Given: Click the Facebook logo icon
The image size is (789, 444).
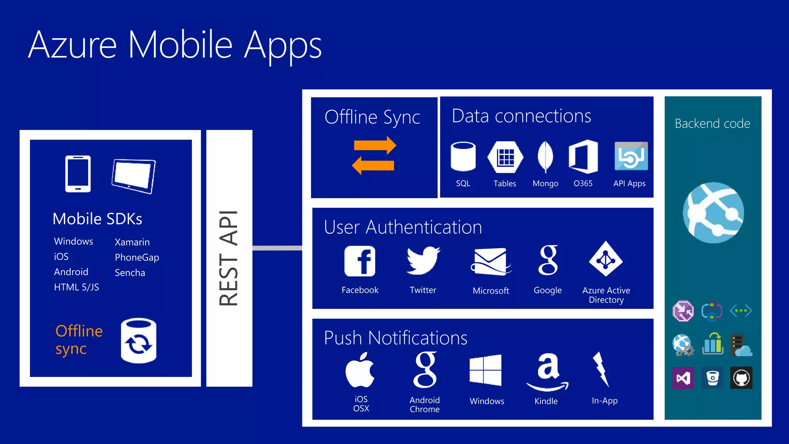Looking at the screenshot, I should pyautogui.click(x=360, y=261).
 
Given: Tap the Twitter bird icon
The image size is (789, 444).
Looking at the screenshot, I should pyautogui.click(x=423, y=261).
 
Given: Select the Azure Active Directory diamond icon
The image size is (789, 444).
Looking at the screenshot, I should pyautogui.click(x=606, y=259).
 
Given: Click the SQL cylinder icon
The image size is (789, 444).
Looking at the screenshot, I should pyautogui.click(x=463, y=156).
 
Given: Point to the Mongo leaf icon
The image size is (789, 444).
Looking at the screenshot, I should pyautogui.click(x=545, y=157).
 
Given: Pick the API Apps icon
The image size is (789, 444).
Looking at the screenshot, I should pyautogui.click(x=631, y=156).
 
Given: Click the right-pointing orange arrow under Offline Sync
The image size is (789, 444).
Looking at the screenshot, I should pyautogui.click(x=375, y=146).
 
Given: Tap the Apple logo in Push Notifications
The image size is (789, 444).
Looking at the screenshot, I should pyautogui.click(x=360, y=370).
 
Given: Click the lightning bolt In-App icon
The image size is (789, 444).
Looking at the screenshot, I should pyautogui.click(x=601, y=369).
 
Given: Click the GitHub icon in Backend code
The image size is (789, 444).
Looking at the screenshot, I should pyautogui.click(x=741, y=378).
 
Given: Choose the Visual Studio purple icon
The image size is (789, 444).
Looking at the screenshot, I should pyautogui.click(x=683, y=378).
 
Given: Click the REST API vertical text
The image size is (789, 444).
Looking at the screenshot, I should pyautogui.click(x=229, y=258).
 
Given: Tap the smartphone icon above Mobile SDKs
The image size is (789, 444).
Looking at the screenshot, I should pyautogui.click(x=78, y=174).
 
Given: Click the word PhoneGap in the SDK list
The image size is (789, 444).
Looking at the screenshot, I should pyautogui.click(x=137, y=257).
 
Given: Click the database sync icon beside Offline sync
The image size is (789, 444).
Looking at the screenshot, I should pyautogui.click(x=138, y=341).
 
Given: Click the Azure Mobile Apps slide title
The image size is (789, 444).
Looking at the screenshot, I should pyautogui.click(x=175, y=45).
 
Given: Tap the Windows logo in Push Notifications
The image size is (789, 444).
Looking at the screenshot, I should pyautogui.click(x=485, y=370).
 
